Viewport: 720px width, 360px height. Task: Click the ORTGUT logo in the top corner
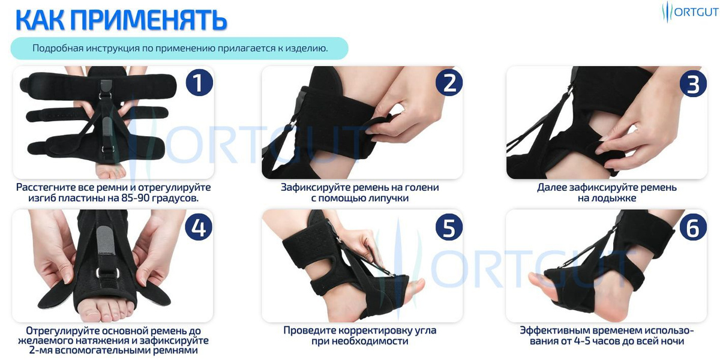tap(689, 12)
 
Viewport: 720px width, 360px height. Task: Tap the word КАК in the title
tap(40, 19)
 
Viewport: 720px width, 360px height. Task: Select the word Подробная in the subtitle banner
tap(56, 49)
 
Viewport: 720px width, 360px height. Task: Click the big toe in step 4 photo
tap(88, 312)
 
